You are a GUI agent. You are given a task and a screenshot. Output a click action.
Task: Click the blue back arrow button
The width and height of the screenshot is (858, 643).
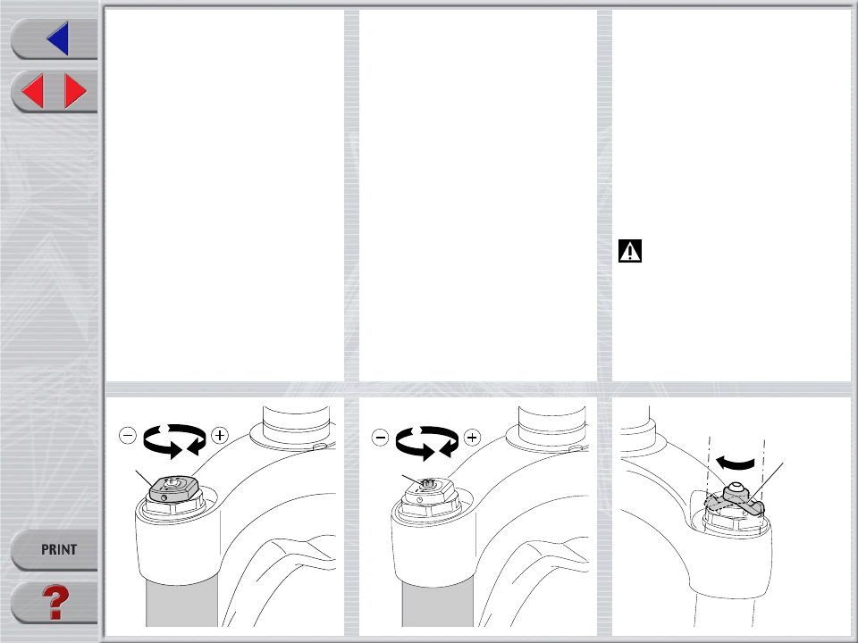pyautogui.click(x=59, y=38)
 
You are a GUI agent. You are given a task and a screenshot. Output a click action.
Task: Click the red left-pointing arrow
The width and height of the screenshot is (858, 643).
pyautogui.click(x=33, y=91)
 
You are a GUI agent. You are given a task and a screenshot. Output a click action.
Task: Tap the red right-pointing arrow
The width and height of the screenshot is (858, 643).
pyautogui.click(x=75, y=91)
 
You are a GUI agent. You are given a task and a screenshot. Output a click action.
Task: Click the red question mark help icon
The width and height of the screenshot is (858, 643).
pyautogui.click(x=55, y=603)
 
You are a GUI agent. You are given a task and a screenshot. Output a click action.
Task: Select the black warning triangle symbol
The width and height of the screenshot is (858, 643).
pyautogui.click(x=630, y=251)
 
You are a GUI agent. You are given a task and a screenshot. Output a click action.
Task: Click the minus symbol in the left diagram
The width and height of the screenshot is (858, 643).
pyautogui.click(x=128, y=436)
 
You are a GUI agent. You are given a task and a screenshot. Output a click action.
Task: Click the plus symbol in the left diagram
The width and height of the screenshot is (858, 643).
pyautogui.click(x=220, y=435)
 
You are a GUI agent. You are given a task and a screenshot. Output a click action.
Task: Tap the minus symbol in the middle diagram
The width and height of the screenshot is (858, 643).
pyautogui.click(x=381, y=438)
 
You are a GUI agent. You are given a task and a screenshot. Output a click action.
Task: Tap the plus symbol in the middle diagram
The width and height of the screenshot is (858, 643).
pyautogui.click(x=472, y=438)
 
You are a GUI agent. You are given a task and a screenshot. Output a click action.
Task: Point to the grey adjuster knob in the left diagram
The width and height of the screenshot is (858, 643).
pyautogui.click(x=172, y=489)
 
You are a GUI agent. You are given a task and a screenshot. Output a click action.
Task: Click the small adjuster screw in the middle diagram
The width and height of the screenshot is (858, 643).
pyautogui.click(x=428, y=483)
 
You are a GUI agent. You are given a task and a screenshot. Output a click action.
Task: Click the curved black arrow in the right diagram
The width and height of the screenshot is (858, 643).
pyautogui.click(x=736, y=463)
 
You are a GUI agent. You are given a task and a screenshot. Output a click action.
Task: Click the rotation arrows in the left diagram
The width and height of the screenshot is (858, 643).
pyautogui.click(x=174, y=440)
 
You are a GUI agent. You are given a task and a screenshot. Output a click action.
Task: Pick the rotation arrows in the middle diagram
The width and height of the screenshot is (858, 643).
pyautogui.click(x=427, y=442)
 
